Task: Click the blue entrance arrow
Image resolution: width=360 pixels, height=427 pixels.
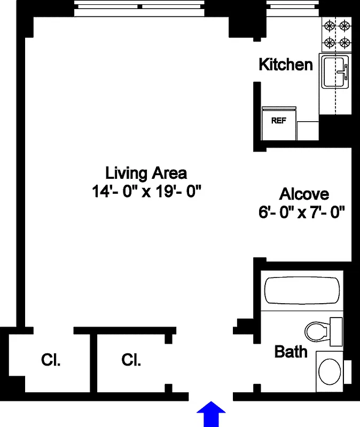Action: [212, 414]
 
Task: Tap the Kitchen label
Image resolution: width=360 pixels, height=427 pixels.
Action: [286, 65]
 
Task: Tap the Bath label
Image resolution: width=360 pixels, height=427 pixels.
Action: [291, 352]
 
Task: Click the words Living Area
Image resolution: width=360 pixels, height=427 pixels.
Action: [146, 173]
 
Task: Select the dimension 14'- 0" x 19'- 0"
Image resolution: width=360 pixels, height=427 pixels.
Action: [146, 191]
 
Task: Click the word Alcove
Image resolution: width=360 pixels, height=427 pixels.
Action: [304, 194]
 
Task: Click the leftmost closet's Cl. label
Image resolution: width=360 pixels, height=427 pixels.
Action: [51, 360]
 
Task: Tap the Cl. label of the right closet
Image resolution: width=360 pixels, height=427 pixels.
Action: [131, 360]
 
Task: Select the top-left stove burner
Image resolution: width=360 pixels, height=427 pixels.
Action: [330, 25]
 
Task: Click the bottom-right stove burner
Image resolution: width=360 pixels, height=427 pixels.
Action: [345, 42]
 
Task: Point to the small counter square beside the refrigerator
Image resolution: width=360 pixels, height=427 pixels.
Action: [308, 131]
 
